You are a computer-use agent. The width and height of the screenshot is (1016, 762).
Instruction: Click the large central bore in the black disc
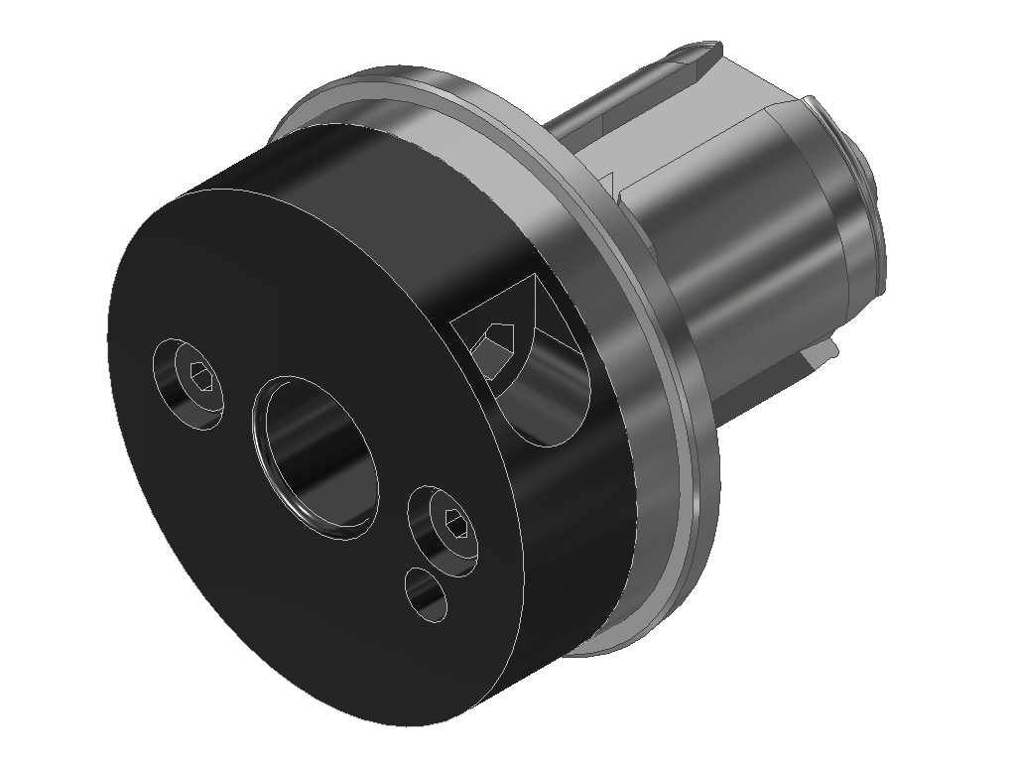click(x=316, y=455)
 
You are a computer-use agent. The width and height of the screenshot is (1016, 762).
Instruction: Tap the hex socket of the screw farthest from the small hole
click(x=200, y=377)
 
